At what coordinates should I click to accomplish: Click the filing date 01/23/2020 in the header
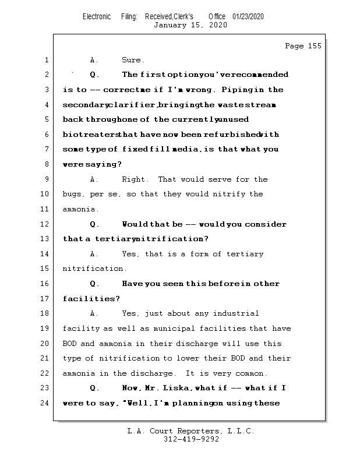pos(248,17)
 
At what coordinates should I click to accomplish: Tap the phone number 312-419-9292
pos(191,439)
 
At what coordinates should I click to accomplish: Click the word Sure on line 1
pos(131,60)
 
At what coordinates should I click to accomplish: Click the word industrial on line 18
pos(236,313)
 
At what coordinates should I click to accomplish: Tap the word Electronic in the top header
pos(97,17)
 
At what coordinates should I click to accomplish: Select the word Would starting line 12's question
pos(135,224)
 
